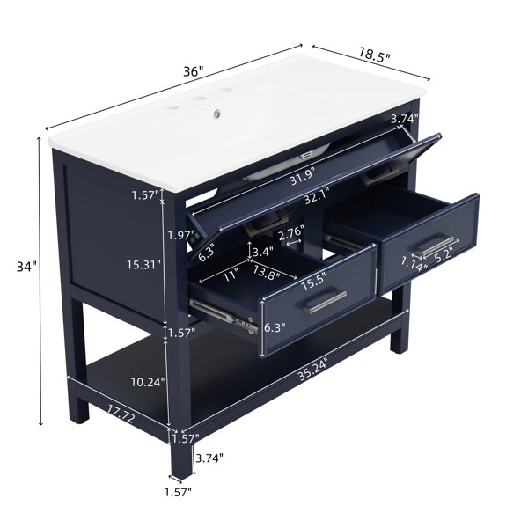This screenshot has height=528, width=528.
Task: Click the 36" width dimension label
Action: point(194,71)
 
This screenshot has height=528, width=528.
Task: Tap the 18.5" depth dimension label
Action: point(375,55)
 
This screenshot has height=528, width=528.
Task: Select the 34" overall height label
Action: point(26,267)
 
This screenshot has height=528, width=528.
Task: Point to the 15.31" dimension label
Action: point(143,265)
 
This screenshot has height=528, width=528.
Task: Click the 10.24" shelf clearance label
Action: point(148,382)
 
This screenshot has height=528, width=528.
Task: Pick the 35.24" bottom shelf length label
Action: point(312,370)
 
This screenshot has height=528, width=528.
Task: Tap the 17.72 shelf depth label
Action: point(121,414)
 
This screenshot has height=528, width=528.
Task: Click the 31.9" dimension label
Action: point(303,177)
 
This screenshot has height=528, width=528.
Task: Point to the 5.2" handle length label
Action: point(442,253)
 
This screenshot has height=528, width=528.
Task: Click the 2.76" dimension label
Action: point(291,232)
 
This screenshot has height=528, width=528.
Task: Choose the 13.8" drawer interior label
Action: point(267,272)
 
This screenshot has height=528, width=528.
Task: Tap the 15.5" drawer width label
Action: point(313,282)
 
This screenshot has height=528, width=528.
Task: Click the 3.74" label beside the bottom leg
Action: point(209,458)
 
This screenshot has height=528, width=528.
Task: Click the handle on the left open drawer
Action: point(325,302)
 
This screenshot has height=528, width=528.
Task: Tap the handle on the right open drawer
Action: point(435,246)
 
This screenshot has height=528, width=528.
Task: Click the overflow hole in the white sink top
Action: point(216,114)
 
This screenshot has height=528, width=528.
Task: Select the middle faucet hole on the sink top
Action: point(201,99)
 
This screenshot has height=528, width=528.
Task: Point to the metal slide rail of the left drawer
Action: point(223,315)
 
